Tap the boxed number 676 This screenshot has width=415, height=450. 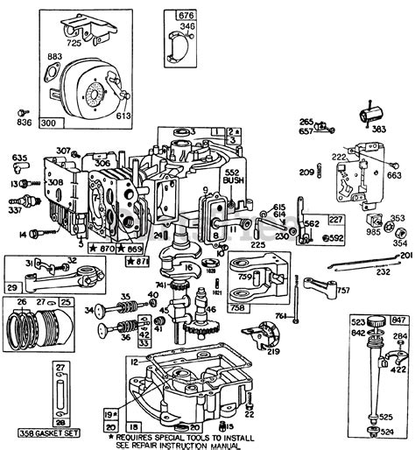[x=185, y=15]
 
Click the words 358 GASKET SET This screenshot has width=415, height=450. [x=47, y=433]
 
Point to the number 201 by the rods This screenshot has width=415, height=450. [x=404, y=255]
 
